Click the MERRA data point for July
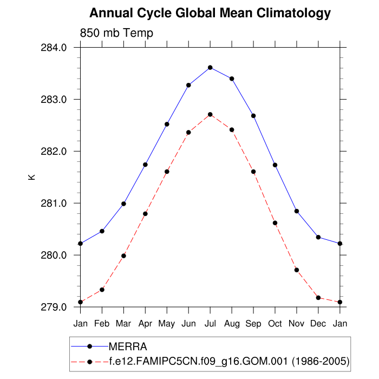[210, 68]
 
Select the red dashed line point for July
[210, 115]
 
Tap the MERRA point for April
[145, 165]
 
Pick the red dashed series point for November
[297, 270]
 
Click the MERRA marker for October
[275, 165]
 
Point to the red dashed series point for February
[102, 290]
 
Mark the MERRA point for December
[318, 237]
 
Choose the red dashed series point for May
[167, 172]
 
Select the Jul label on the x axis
[210, 323]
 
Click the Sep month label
[253, 323]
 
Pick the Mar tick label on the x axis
[123, 323]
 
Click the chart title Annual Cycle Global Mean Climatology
[210, 12]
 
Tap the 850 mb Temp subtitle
[116, 33]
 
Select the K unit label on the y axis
[31, 177]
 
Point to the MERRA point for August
[232, 79]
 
